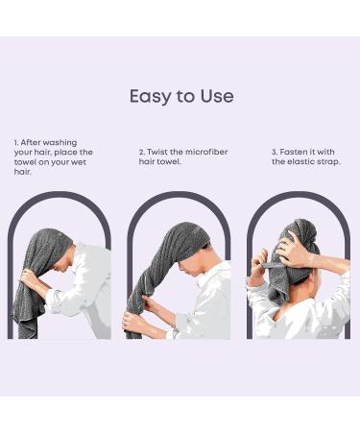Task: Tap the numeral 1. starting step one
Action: (x=16, y=142)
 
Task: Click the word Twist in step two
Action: (x=157, y=151)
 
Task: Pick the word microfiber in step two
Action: (x=204, y=151)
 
